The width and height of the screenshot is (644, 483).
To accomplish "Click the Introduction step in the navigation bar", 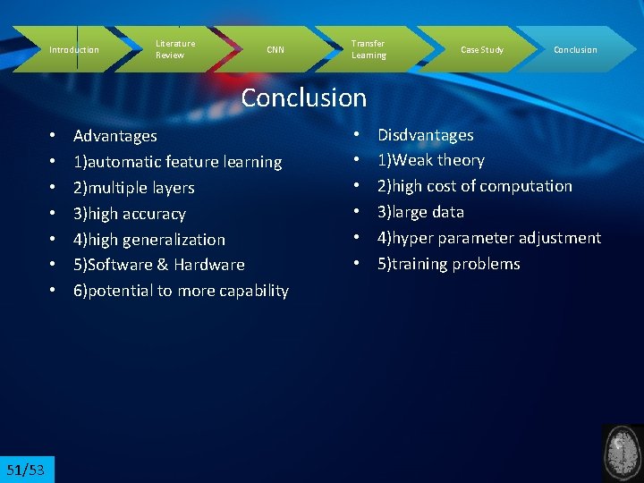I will point(73,50).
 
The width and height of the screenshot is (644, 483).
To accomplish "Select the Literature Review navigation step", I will point(175,49).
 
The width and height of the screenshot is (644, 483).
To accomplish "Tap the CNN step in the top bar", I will point(275,50).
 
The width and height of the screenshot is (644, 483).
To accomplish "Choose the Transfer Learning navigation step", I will point(369,49).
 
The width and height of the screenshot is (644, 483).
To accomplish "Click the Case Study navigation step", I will point(481,50).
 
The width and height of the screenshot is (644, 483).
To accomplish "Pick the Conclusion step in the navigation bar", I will point(575,50).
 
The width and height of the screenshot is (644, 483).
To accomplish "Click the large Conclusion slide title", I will point(304,97).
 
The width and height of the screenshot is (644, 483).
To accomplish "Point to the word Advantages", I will point(114,136).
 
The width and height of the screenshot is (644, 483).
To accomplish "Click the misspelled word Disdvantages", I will point(425,135).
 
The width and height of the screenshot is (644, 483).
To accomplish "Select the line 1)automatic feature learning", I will point(177,162).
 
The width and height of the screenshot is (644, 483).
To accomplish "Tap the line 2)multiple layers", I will point(133,188).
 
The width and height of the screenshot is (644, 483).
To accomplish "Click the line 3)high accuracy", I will point(129,214).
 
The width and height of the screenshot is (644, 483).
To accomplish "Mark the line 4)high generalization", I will point(148,240).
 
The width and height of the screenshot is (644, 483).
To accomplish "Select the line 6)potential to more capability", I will point(181,291).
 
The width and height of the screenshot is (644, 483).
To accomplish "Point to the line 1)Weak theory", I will point(430,161).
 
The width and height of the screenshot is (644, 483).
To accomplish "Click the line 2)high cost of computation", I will point(474,186).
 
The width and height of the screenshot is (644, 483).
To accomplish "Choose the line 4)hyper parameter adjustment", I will point(488,238).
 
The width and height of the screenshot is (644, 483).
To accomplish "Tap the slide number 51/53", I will point(26,470).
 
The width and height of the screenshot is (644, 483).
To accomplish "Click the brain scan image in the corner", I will point(623,453).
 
